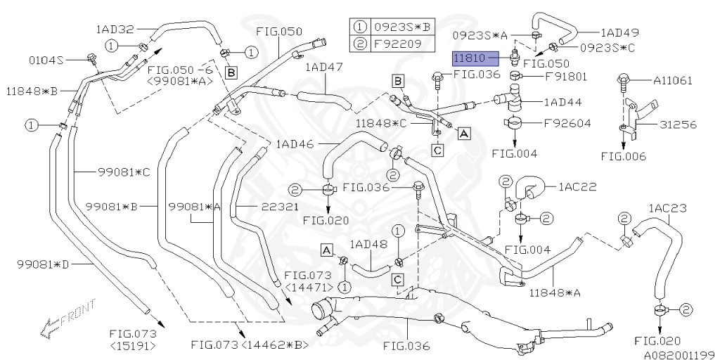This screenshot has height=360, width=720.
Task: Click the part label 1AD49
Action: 619,32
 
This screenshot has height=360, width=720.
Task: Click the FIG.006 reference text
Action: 624,156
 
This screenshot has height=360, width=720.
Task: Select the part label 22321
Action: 262,207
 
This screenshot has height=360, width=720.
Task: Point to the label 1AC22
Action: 577,187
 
